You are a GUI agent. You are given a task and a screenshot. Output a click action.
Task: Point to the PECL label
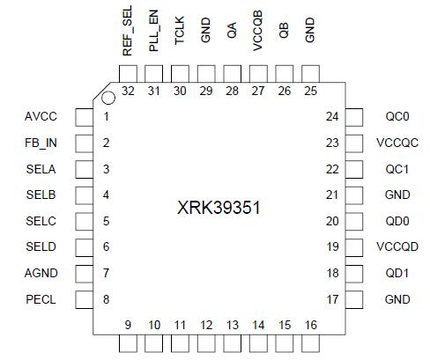coord(41,299)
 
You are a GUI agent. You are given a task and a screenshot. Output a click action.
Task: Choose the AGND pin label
coord(41,274)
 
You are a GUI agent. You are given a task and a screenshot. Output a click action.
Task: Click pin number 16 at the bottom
coord(309,326)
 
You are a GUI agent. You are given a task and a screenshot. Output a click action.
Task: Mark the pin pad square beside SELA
coord(82,169)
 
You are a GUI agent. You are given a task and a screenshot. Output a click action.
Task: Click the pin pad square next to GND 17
coord(353,299)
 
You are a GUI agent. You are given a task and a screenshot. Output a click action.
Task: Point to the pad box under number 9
coord(128,344)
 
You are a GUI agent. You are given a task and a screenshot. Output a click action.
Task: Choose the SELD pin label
coord(41,247)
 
